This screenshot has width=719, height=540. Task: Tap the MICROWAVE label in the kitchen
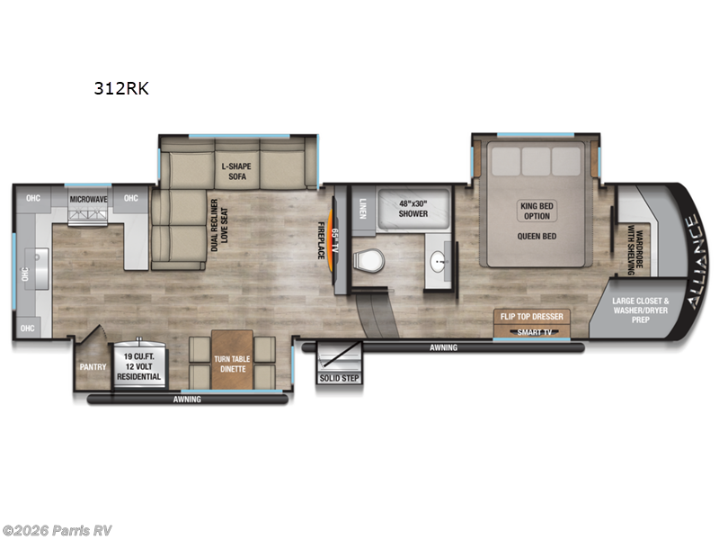(x=89, y=198)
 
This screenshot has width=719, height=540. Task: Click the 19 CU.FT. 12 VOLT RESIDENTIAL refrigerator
(x=139, y=367)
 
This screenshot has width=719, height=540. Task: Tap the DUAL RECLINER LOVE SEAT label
(x=219, y=229)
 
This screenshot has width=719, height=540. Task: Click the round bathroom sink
(x=439, y=263)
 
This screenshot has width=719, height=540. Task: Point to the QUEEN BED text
(x=537, y=237)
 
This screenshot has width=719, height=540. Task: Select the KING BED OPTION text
(x=537, y=211)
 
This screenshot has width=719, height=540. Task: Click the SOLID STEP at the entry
(x=339, y=378)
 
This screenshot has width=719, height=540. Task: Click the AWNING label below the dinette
(x=187, y=399)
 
